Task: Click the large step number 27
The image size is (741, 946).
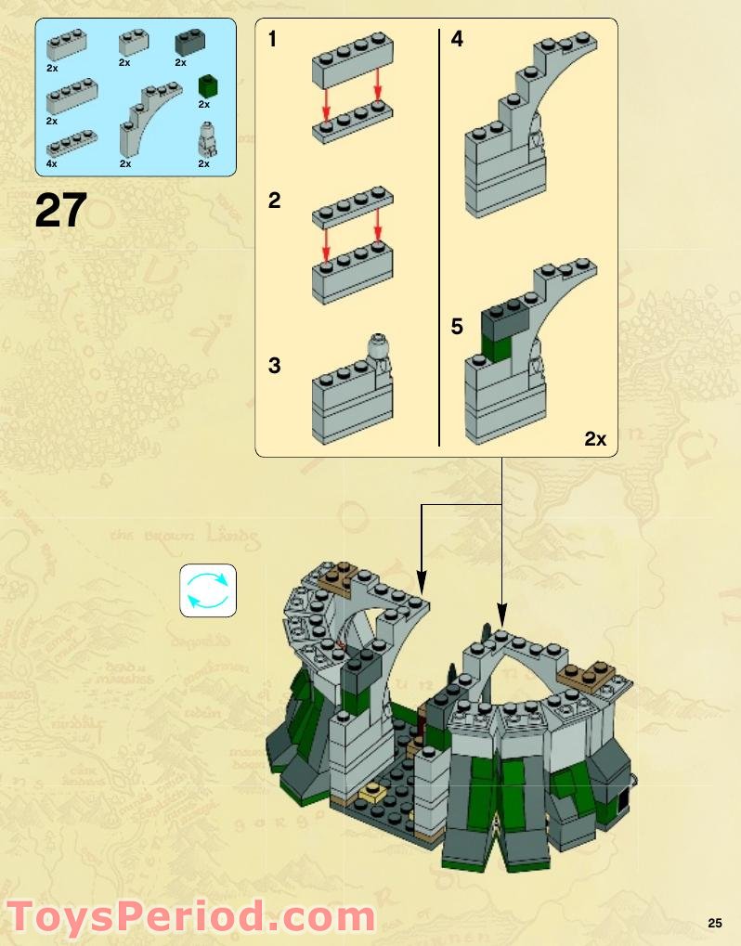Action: coord(61,210)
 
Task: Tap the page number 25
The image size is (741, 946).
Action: coord(714,923)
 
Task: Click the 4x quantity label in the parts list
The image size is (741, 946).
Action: coord(52,163)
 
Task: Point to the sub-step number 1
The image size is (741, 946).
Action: coord(273,40)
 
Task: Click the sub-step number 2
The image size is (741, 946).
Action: coord(274,200)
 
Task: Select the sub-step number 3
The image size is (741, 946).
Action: coord(274,366)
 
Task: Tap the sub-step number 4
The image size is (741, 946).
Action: coord(457,40)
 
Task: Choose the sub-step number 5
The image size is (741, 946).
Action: coord(457,328)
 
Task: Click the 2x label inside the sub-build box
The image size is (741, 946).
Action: coord(595,439)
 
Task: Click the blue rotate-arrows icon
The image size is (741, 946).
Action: coord(208,590)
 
